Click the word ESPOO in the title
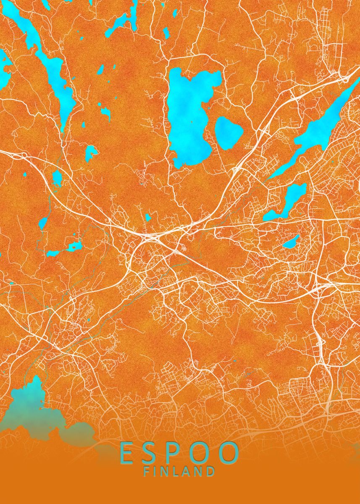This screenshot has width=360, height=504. coord(179,453)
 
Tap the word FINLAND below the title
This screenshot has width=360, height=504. coord(179,472)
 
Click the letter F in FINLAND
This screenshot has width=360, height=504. coord(147,472)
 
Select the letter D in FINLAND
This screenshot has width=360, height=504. coord(210,472)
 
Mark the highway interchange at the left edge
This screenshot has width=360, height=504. coord(19,155)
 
